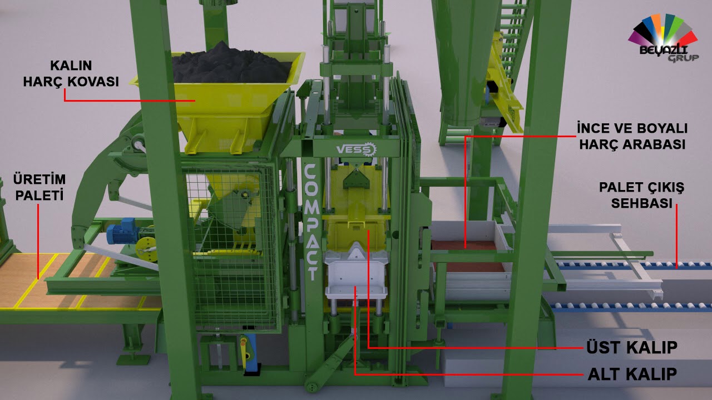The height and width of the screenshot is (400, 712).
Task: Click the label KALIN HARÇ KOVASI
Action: (71, 74)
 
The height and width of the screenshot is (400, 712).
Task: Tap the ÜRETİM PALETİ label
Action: (39, 187)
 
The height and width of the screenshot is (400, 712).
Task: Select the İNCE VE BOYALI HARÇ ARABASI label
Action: (632, 136)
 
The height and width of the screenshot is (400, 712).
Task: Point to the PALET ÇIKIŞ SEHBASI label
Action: (641, 195)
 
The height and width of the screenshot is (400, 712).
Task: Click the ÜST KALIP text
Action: (632, 347)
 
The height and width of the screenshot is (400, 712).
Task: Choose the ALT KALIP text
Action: (632, 374)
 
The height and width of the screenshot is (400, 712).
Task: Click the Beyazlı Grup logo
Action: (664, 38)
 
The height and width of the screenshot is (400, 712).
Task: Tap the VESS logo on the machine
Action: (357, 149)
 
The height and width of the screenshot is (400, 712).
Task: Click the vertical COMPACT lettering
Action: (310, 222)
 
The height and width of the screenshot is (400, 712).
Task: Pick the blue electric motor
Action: (121, 231)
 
